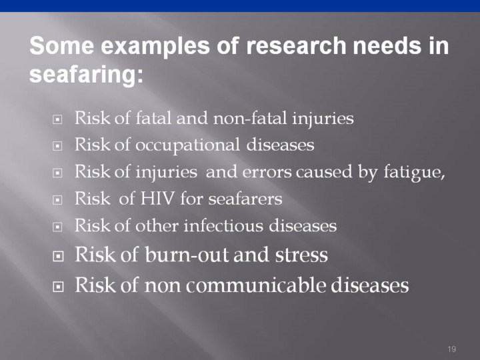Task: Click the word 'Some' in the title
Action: [61, 45]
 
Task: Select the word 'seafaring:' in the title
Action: [86, 75]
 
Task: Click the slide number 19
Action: [451, 349]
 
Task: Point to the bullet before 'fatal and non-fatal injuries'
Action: [57, 119]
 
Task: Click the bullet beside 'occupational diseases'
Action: [57, 146]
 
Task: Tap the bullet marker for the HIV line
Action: [57, 200]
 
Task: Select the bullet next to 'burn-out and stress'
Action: [58, 256]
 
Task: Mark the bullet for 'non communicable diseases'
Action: [58, 287]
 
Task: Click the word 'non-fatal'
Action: [250, 118]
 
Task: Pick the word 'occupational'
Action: [187, 145]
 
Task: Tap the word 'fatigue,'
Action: [414, 173]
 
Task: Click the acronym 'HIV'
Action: [157, 199]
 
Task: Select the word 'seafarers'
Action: [245, 199]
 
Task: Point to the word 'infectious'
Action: [223, 225]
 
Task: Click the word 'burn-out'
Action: [187, 255]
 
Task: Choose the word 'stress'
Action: [301, 255]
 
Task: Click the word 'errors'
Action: [267, 173]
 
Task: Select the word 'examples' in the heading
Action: [155, 47]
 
